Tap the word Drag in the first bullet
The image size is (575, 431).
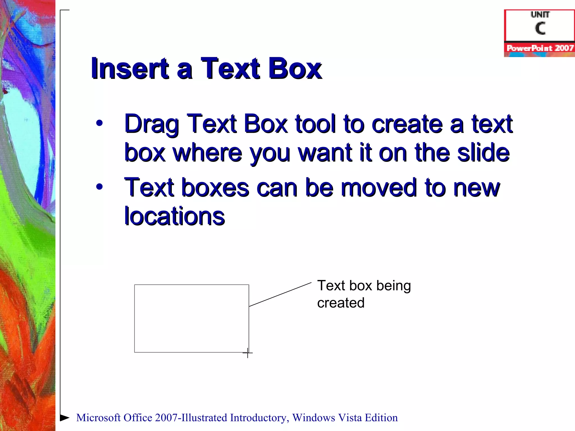pos(152,124)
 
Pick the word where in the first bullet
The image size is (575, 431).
pos(207,153)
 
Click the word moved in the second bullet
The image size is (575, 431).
pos(379,187)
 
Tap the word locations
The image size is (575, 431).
pos(174,216)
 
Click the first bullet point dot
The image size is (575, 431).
pos(99,123)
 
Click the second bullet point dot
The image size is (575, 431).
pos(99,187)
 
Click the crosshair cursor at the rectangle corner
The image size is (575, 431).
pos(247,353)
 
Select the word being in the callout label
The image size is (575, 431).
pos(393,286)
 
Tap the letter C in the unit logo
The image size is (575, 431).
pos(540,28)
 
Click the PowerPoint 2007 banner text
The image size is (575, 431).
pos(540,48)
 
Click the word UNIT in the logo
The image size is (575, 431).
pos(540,15)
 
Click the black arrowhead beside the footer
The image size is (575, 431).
pos(65,418)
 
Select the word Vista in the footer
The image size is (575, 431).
pos(350,418)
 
